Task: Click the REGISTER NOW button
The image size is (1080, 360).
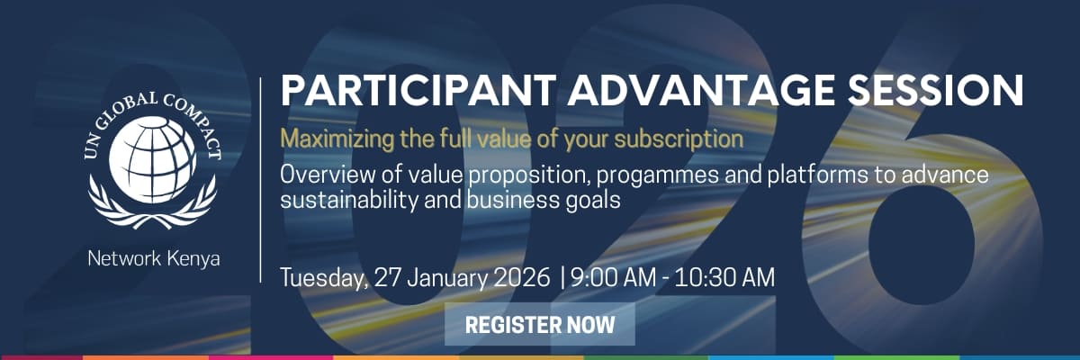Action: [x=539, y=324]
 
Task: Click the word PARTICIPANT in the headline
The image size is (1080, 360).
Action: [x=418, y=90]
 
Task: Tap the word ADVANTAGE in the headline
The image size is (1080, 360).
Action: [x=701, y=90]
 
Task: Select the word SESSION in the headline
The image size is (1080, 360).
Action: [x=935, y=90]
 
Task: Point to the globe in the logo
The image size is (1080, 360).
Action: [x=152, y=159]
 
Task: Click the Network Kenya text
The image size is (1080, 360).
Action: [x=154, y=259]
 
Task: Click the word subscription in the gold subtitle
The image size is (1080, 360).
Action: [x=679, y=139]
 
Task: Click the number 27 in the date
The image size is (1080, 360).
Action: [x=388, y=277]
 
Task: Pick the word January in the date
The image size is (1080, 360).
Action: [x=448, y=279]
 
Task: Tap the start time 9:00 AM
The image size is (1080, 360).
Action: [x=613, y=277]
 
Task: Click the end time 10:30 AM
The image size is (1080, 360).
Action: [x=724, y=277]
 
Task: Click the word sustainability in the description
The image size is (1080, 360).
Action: [x=349, y=201]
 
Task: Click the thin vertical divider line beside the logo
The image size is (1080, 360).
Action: [x=260, y=179]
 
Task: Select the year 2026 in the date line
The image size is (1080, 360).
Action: [x=522, y=277]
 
